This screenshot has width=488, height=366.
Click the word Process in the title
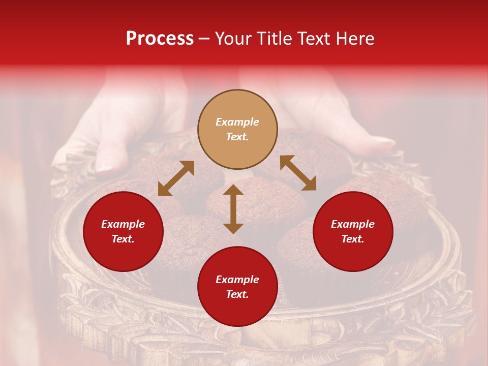[160, 39]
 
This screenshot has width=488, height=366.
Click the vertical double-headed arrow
[233, 209]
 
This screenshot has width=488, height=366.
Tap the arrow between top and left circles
[176, 178]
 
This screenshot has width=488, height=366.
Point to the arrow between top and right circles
[298, 173]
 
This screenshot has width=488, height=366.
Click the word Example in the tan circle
[237, 122]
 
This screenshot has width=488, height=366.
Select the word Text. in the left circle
[123, 239]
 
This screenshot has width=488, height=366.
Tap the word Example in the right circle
[353, 224]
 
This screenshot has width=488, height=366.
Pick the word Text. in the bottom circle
[237, 294]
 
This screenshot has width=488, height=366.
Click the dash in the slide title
[204, 39]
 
